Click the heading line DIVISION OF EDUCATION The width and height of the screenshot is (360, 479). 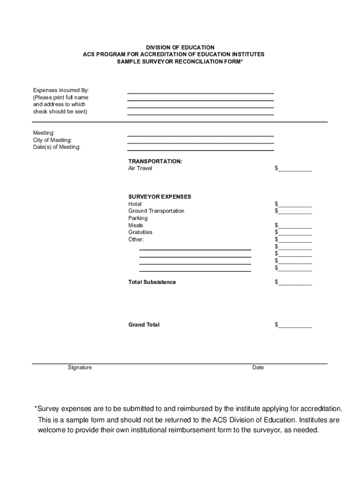[x=180, y=48]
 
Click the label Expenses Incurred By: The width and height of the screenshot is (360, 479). [x=61, y=90]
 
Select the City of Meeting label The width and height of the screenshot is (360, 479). [x=52, y=140]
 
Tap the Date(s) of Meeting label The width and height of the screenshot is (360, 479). [x=57, y=147]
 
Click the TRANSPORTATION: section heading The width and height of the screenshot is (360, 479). [x=155, y=161]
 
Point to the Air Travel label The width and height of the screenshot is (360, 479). [x=140, y=168]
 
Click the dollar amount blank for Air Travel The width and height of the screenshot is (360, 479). [x=295, y=168]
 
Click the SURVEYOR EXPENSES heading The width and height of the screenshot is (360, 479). [x=159, y=197]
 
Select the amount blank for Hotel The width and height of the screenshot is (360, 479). [x=295, y=204]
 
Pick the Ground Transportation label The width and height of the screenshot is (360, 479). [x=156, y=211]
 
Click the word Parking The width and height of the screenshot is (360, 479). [x=138, y=218]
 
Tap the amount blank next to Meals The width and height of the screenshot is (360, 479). [x=295, y=225]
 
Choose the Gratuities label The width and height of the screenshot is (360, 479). [x=140, y=232]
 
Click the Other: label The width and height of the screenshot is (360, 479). [x=136, y=239]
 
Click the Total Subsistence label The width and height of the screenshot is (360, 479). [x=152, y=282]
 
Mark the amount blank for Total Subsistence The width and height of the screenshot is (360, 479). [x=295, y=282]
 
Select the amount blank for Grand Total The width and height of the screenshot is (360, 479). [x=295, y=325]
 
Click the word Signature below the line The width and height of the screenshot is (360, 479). [x=79, y=368]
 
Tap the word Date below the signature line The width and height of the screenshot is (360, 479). [x=258, y=368]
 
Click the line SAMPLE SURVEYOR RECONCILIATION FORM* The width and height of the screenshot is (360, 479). [x=180, y=62]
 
